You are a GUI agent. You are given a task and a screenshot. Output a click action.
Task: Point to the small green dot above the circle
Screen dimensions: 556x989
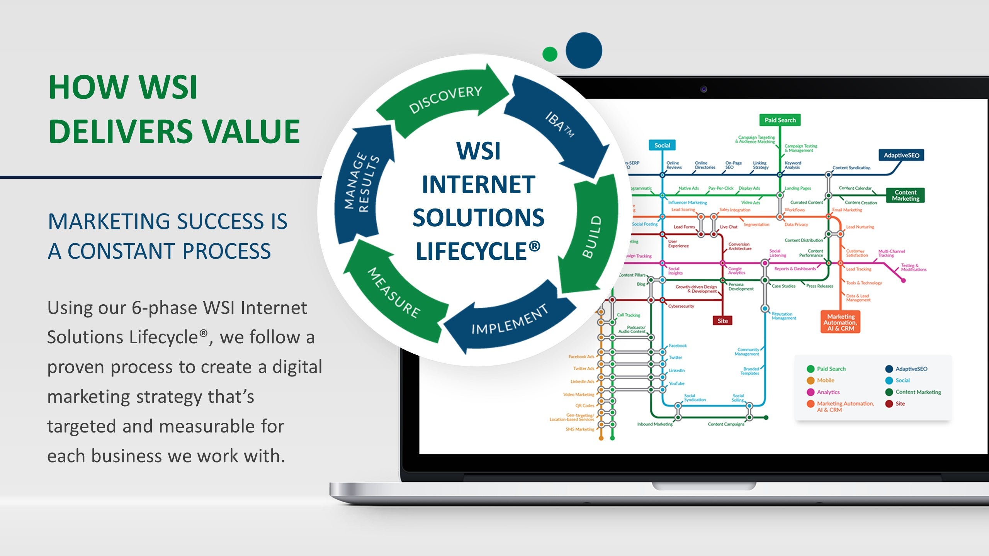(x=550, y=54)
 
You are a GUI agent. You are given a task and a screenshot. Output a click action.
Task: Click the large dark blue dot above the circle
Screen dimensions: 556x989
(x=584, y=51)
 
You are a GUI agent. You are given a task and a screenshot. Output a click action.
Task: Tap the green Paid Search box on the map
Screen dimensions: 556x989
(x=780, y=120)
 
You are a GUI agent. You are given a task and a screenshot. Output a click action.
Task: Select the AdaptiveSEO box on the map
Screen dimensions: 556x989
(x=901, y=155)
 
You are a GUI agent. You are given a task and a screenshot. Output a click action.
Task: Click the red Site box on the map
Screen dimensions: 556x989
(x=722, y=321)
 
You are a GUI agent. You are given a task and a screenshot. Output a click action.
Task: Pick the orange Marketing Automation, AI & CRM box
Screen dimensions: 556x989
(x=841, y=322)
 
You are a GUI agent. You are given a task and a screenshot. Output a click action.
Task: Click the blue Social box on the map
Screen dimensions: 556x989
(x=662, y=145)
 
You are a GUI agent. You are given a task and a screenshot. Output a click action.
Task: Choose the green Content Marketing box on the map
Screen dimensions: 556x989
(x=905, y=195)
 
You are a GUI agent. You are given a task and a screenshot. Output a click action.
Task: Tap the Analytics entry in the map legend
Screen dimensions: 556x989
(x=828, y=392)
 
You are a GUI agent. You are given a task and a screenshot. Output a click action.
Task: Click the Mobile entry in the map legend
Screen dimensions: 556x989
(x=825, y=380)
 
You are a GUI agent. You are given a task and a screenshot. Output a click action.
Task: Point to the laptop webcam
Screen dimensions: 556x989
(x=704, y=89)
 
